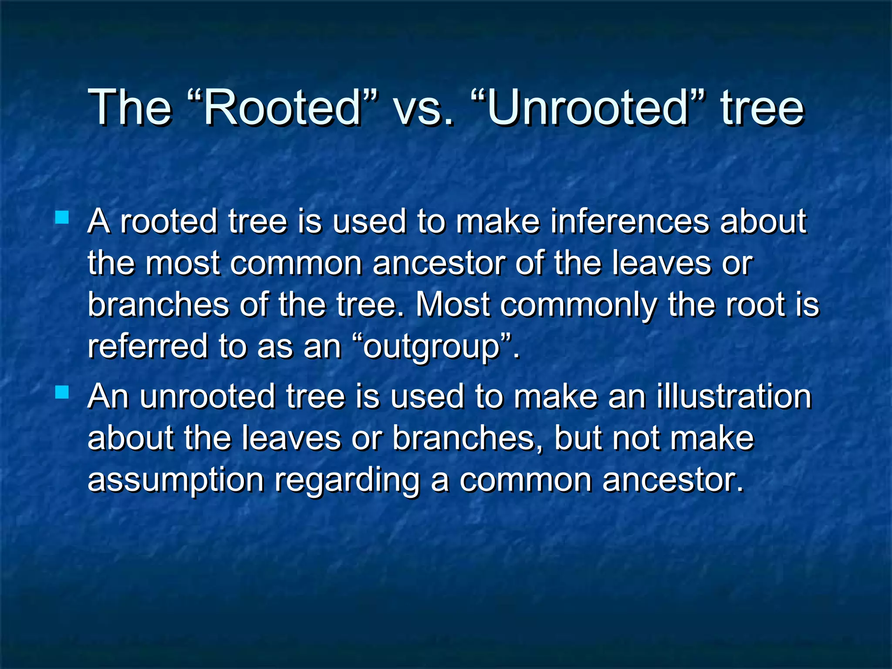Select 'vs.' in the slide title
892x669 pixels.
pos(423,109)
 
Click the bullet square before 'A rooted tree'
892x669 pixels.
pos(62,217)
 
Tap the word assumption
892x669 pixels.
pos(176,481)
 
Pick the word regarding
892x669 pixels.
pos(347,481)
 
